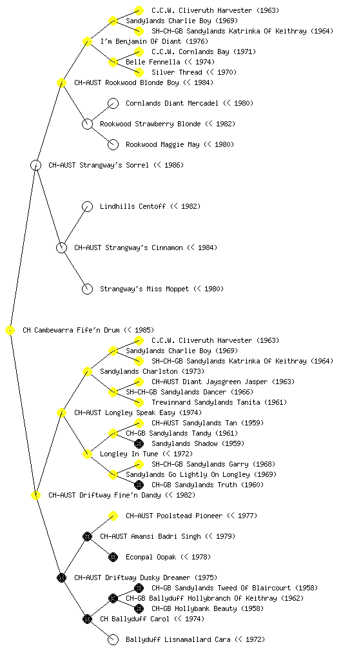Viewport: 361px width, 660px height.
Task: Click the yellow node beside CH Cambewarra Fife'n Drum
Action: (10, 331)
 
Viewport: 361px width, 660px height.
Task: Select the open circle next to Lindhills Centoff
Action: (87, 207)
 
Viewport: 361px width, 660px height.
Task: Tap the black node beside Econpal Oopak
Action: (113, 558)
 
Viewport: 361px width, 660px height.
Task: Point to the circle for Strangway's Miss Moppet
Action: (87, 289)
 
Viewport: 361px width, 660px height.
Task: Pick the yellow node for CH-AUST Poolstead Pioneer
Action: (113, 516)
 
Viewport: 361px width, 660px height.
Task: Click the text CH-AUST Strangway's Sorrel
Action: (99, 165)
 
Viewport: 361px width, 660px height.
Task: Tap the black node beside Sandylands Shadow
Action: (139, 443)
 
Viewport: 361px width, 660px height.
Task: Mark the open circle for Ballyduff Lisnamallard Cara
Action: (113, 640)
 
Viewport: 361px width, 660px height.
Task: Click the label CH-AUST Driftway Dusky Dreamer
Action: (132, 577)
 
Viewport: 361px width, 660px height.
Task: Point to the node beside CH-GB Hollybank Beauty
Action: (139, 608)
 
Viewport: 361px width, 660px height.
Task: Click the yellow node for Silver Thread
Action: (139, 72)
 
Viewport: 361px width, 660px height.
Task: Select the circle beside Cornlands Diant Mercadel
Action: (113, 104)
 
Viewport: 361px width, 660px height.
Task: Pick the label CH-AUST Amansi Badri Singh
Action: (150, 536)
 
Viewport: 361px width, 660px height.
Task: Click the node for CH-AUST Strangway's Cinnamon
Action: (61, 248)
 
